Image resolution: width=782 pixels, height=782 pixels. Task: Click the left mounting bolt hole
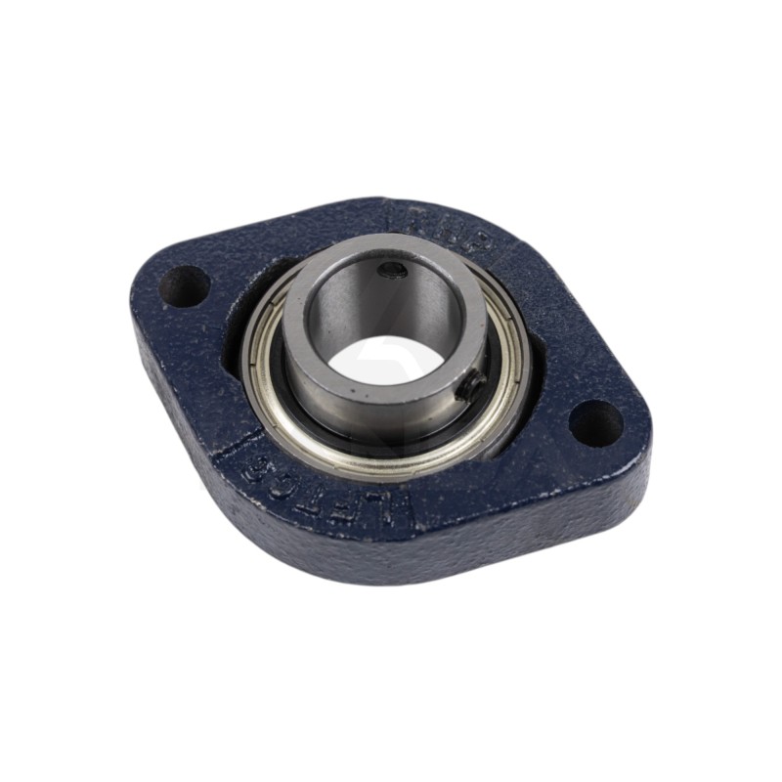coord(185,287)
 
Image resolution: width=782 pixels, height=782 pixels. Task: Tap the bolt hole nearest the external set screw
coord(595,422)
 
